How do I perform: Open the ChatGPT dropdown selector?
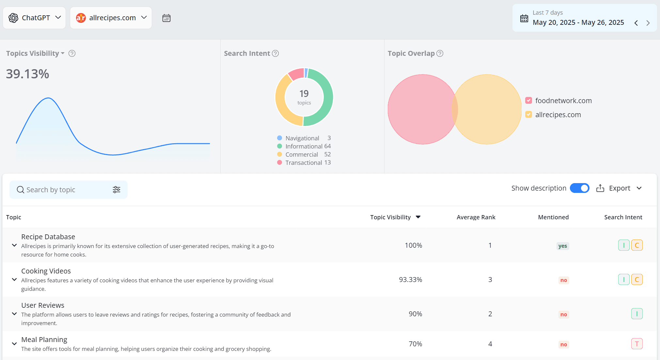click(34, 18)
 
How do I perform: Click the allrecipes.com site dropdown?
click(111, 18)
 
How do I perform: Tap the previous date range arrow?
click(636, 23)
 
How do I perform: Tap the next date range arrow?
click(648, 23)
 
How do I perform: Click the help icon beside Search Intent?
click(275, 53)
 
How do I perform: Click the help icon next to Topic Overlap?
click(440, 53)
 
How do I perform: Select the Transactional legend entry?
click(304, 163)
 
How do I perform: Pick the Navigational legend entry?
click(304, 138)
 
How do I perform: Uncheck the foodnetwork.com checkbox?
click(529, 101)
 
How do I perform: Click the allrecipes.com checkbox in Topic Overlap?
click(529, 115)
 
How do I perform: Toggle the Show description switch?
click(580, 188)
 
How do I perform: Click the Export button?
click(619, 188)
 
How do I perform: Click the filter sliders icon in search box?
click(117, 190)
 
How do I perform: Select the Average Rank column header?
click(476, 217)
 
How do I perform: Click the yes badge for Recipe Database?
click(563, 246)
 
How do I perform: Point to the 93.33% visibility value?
click(411, 280)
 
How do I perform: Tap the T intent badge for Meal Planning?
click(637, 344)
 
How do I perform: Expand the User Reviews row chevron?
click(14, 314)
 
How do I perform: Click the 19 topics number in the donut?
click(304, 94)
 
